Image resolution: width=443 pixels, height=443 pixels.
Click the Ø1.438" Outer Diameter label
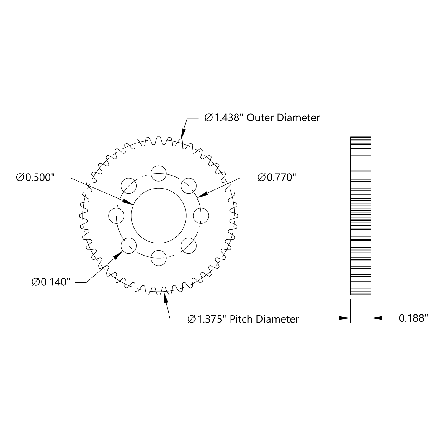262,118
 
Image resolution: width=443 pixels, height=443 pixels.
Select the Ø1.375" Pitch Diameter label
243,319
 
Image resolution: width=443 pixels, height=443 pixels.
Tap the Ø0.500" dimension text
36,178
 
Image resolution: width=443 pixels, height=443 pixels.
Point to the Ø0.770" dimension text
277,177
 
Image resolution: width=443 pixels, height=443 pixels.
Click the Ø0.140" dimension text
51,282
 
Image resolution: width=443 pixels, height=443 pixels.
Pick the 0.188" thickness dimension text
413,318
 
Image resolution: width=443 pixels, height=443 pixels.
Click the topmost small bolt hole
158,173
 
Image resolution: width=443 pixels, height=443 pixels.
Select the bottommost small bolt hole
158,258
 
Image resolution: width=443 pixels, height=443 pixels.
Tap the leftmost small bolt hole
116,216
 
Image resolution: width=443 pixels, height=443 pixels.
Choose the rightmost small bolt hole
201,216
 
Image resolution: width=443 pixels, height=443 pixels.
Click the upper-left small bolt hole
129,186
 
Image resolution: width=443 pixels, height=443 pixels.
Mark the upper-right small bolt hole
189,186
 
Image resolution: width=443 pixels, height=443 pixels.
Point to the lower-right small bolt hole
189,246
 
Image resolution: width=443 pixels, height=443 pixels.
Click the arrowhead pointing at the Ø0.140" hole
118,255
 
